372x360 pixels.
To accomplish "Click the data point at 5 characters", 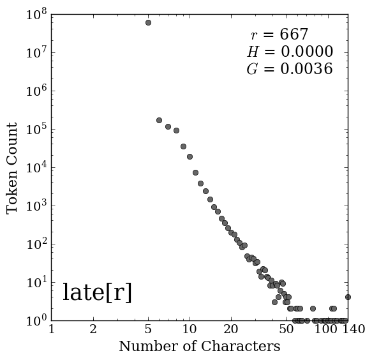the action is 148,23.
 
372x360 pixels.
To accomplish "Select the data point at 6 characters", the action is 159,120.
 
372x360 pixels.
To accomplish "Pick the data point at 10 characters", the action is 190,156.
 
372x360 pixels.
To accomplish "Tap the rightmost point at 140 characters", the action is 348,297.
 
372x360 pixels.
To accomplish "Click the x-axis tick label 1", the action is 52,329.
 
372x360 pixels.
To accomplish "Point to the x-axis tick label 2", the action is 93,329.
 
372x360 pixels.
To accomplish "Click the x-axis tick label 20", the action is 231,329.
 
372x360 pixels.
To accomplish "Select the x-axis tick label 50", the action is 286,329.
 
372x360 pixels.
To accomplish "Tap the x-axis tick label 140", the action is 354,329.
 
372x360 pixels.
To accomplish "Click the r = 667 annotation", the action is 279,34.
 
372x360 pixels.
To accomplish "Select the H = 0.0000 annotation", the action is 290,52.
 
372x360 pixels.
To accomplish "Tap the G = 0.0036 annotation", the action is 290,69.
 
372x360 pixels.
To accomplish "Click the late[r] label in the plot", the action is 97,292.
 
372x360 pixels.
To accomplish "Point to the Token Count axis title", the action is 11,169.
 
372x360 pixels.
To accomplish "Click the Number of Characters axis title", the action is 200,346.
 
